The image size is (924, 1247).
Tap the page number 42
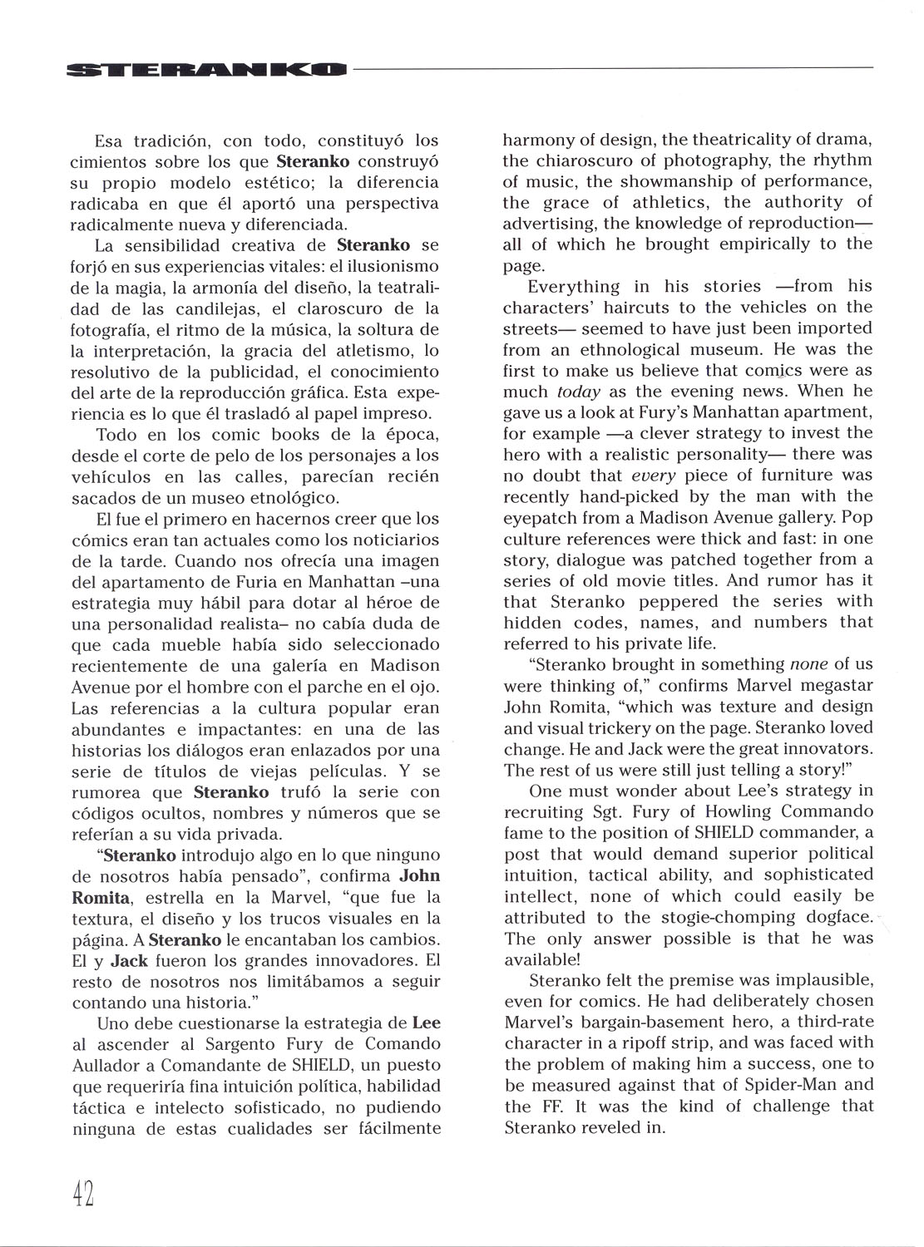82,1194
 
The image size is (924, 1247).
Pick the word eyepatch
541,517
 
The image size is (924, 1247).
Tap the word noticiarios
393,540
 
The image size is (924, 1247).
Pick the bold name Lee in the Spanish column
426,1023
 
